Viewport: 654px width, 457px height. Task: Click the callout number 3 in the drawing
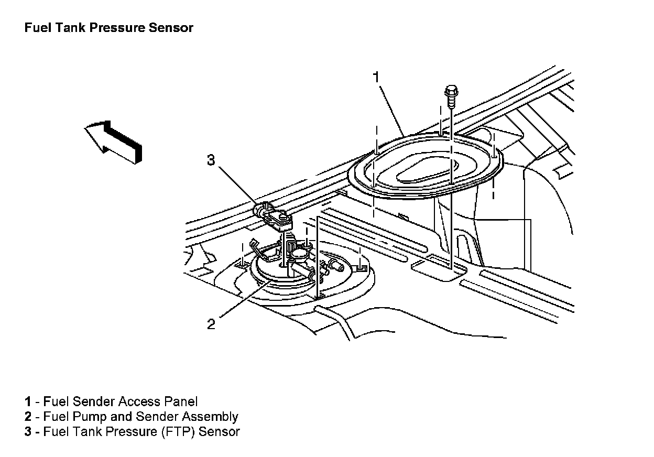tap(211, 160)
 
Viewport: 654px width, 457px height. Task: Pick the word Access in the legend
tap(139, 402)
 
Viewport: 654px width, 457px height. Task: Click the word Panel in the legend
tap(181, 402)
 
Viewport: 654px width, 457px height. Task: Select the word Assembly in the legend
tap(210, 417)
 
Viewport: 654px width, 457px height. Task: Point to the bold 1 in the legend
tap(27, 402)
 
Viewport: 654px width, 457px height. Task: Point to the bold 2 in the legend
tap(27, 417)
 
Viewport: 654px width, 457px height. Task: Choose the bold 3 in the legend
tap(27, 432)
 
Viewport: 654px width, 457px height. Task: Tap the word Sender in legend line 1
tap(94, 402)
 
